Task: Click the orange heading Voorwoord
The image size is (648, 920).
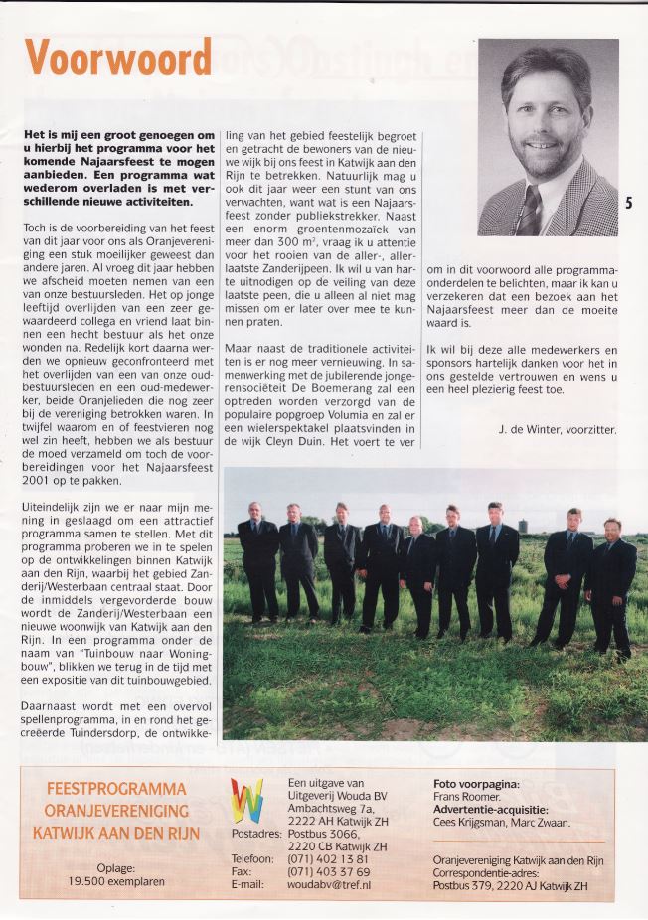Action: tap(118, 59)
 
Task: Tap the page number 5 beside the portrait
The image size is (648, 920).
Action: tap(628, 204)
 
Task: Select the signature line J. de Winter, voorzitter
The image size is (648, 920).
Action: tap(557, 429)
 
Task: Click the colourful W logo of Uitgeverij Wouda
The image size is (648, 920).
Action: tap(246, 801)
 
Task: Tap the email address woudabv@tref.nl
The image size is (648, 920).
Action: tap(329, 884)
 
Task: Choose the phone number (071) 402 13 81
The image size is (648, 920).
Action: tap(330, 858)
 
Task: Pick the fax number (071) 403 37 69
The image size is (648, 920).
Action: tap(330, 871)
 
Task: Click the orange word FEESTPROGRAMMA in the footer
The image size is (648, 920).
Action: tap(116, 789)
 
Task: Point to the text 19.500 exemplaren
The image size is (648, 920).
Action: tap(116, 880)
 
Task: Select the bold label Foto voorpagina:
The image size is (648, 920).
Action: tap(476, 784)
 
